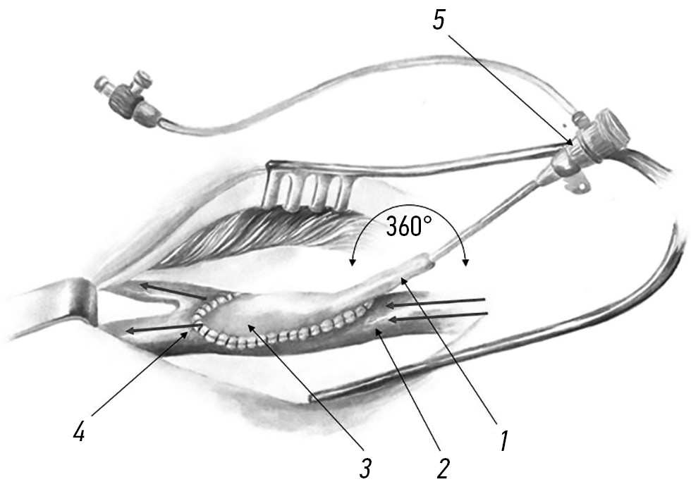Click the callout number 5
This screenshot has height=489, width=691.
click(439, 20)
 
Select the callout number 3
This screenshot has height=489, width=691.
click(365, 469)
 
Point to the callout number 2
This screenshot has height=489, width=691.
click(443, 469)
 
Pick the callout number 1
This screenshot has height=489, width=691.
click(504, 441)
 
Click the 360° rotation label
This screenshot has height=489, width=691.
click(408, 227)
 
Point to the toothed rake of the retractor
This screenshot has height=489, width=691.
click(309, 190)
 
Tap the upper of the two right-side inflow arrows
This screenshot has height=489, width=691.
click(436, 303)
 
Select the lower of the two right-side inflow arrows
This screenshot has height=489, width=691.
click(438, 317)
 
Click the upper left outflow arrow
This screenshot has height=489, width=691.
click(173, 292)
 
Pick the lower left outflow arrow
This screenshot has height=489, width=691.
click(164, 328)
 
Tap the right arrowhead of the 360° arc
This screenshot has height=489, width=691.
click(465, 263)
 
